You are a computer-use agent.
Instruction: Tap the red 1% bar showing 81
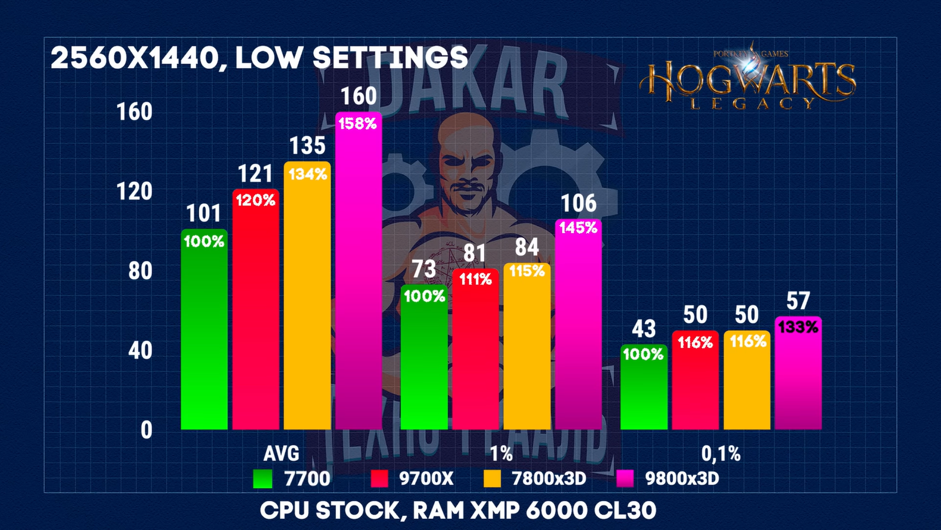[475, 353]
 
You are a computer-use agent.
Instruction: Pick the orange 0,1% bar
[746, 383]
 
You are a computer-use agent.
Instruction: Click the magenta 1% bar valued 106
[578, 330]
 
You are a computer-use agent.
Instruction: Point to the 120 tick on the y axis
[135, 191]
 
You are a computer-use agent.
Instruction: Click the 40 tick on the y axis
[140, 350]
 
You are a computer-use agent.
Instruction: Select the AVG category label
[281, 453]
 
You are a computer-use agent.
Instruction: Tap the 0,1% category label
[720, 453]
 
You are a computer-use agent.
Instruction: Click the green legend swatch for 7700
[262, 479]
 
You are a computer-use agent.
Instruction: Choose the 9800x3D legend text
[682, 478]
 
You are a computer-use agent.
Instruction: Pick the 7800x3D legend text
[549, 478]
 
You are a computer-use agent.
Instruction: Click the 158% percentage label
[358, 124]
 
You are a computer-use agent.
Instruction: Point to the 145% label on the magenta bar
[578, 228]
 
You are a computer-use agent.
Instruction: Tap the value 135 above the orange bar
[307, 145]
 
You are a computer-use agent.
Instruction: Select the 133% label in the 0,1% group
[798, 327]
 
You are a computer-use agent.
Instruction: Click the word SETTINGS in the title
[390, 58]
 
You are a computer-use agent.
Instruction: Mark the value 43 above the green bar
[643, 329]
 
